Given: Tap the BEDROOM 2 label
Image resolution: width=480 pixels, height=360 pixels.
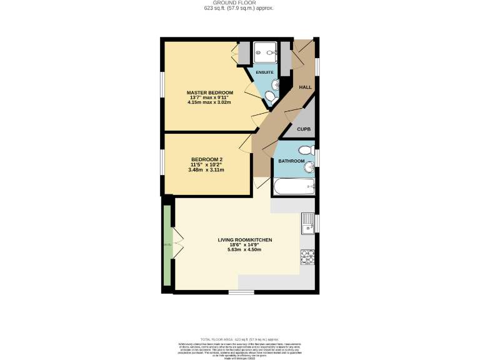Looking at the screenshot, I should coord(206,159).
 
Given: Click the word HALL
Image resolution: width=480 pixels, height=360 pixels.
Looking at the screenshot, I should coord(305,87).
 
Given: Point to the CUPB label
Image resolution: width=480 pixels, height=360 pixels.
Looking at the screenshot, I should coord(304,129).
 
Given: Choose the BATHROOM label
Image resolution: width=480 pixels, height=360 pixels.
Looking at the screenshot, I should coord(291,161).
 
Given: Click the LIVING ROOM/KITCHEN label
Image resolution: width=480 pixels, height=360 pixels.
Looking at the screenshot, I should coord(245,240).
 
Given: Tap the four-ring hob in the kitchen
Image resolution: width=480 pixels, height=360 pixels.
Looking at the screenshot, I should coord(307,256).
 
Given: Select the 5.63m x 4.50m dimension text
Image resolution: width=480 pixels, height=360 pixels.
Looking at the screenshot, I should coord(244,249).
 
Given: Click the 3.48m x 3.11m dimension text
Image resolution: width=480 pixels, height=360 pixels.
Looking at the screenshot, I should coord(206,169).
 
